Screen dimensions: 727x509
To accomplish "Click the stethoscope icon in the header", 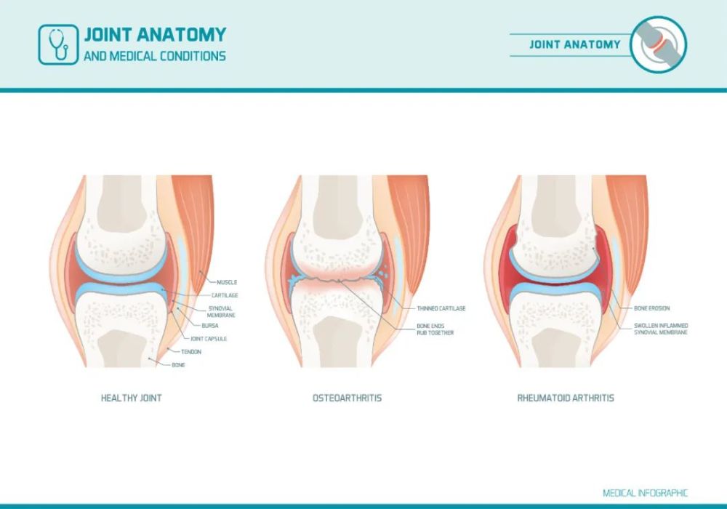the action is click(58, 44).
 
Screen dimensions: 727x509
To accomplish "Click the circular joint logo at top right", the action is click(659, 44).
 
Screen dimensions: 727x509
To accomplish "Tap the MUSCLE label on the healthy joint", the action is click(227, 282).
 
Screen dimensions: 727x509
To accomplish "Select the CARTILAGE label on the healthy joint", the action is click(225, 295).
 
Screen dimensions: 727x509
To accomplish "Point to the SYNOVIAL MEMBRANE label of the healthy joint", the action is click(221, 311).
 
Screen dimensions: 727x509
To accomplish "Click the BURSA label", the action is click(210, 326).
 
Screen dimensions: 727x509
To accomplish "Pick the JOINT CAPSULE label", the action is click(209, 339).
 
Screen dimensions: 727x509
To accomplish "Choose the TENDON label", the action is click(191, 352).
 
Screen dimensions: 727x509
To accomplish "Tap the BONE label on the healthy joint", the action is click(179, 365).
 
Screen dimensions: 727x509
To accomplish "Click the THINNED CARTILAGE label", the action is click(441, 308).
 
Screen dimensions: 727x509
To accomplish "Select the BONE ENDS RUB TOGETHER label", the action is click(435, 329).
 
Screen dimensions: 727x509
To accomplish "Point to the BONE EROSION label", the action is click(652, 308).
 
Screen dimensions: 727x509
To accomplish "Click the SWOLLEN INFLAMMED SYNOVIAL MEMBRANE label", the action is click(661, 329).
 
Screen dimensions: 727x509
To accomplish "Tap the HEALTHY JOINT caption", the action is click(131, 398).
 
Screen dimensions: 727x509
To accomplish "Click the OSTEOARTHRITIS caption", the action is click(348, 398).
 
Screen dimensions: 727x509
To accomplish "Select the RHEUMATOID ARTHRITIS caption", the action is click(566, 398).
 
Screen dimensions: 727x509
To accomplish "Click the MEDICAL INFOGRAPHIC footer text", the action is click(646, 493).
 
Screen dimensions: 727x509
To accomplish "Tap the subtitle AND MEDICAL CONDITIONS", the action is click(155, 56).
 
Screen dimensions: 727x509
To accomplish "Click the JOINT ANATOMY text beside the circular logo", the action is click(575, 44).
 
